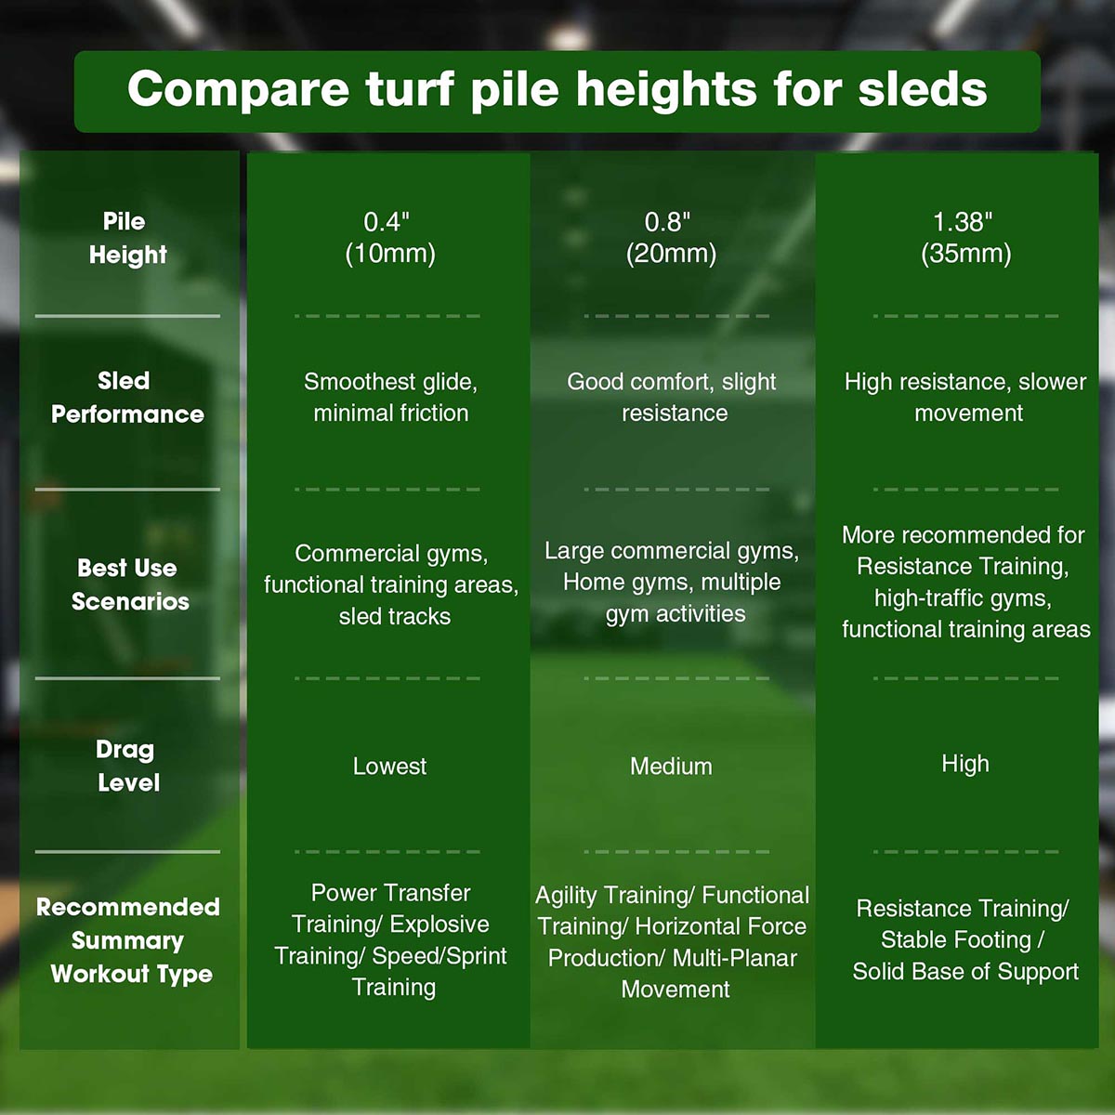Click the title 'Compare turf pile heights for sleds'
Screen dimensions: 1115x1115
557,90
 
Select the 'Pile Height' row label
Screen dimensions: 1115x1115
128,239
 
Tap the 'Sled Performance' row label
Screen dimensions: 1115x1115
127,398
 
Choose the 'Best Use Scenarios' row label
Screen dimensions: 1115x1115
128,585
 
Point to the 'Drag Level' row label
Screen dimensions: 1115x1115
127,766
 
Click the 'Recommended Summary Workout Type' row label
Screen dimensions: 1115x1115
128,941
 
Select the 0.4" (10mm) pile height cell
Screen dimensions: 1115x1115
390,239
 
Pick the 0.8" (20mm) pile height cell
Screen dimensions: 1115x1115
671,239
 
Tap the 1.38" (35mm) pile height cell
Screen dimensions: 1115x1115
965,239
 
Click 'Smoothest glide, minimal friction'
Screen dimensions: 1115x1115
390,398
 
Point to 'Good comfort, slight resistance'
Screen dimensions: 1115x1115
672,398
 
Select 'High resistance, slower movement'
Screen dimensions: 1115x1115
965,398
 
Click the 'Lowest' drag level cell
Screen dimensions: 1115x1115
390,766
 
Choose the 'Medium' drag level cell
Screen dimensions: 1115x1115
671,766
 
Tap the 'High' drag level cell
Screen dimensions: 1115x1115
965,764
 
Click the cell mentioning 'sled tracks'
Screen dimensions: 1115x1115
391,585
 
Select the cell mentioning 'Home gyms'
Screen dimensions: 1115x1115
672,582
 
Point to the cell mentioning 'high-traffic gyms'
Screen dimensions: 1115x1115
965,582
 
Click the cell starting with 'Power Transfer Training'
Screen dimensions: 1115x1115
390,940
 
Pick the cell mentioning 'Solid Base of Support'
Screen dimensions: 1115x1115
965,940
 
